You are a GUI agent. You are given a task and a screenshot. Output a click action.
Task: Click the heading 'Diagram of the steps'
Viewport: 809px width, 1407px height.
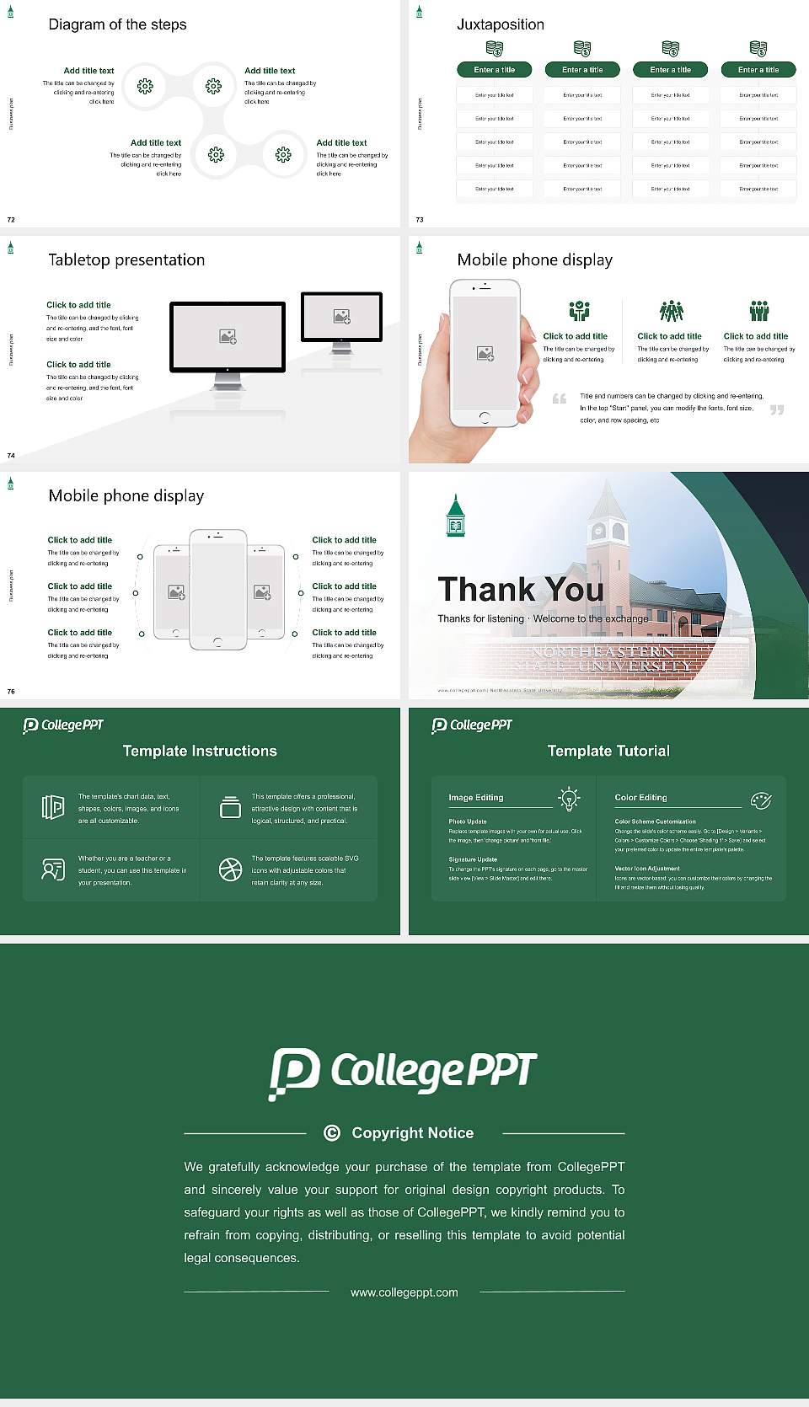117,24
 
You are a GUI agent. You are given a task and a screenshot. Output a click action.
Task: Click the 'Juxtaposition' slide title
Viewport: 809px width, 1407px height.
500,24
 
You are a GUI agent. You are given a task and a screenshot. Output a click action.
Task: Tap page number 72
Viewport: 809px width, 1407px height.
11,220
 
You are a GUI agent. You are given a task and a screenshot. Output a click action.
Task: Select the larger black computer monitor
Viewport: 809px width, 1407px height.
228,337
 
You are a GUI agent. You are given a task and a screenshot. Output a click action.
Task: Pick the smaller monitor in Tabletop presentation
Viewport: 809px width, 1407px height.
341,317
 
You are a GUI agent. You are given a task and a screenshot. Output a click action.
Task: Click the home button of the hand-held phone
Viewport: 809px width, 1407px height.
484,417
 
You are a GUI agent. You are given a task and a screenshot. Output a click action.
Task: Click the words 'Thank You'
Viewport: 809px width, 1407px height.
521,590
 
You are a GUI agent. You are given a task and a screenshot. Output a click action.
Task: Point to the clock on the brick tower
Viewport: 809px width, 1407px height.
599,531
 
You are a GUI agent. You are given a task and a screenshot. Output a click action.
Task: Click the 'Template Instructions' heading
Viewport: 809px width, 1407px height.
200,751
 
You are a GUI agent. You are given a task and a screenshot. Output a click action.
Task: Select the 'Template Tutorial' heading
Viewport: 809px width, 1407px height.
608,751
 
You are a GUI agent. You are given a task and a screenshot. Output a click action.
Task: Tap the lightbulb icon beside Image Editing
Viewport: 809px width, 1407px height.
569,799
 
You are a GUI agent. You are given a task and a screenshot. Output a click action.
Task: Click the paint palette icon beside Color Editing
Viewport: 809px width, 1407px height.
761,800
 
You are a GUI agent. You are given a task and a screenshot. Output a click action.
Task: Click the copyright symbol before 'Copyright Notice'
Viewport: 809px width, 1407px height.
332,1133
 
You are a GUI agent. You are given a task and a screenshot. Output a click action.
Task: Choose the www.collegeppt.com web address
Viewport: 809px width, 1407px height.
404,1292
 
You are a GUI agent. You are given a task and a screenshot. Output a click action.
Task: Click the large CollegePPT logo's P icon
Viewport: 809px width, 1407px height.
294,1073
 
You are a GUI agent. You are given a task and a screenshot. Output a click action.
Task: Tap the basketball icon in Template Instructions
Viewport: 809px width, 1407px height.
230,869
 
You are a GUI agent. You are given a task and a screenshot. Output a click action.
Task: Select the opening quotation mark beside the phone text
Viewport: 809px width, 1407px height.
559,399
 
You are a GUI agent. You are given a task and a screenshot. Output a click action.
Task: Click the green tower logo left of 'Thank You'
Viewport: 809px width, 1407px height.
455,516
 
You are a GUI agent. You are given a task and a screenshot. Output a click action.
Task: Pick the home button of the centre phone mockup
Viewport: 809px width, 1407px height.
217,642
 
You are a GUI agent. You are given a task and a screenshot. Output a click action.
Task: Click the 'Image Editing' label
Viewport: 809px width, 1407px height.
476,798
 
